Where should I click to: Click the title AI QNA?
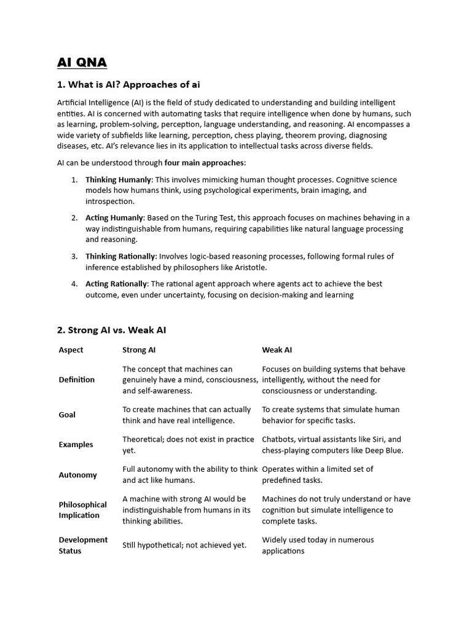click(82, 62)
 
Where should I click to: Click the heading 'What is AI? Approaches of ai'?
click(128, 84)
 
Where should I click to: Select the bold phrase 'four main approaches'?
click(205, 163)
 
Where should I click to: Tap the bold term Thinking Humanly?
click(118, 179)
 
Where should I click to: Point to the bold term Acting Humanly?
click(114, 217)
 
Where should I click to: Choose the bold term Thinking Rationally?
click(120, 256)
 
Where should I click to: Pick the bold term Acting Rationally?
click(116, 284)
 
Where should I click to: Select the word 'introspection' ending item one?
click(109, 201)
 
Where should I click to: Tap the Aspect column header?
click(71, 350)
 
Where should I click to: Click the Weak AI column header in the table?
click(277, 350)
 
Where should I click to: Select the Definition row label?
click(77, 380)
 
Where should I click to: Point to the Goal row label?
click(67, 415)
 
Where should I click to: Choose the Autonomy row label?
click(77, 475)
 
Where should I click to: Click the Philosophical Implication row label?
click(82, 510)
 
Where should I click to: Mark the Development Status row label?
click(83, 545)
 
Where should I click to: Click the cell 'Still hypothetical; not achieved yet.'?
click(184, 545)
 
